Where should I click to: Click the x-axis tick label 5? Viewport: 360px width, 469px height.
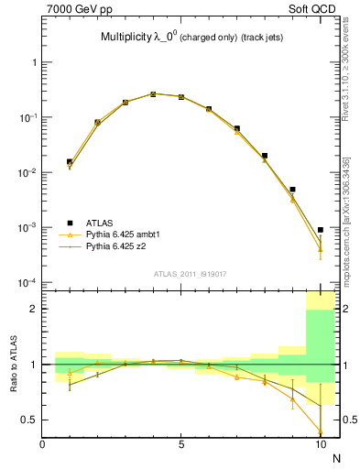(181, 445)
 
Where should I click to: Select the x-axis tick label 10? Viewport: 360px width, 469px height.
(320, 445)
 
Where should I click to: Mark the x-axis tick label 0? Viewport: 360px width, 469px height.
(43, 445)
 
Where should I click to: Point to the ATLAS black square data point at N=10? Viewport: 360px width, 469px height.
(320, 230)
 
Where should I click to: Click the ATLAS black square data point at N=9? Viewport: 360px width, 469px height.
(292, 190)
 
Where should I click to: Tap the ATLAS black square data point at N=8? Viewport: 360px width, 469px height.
(265, 156)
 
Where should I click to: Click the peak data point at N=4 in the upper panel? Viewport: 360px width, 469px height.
(153, 93)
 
